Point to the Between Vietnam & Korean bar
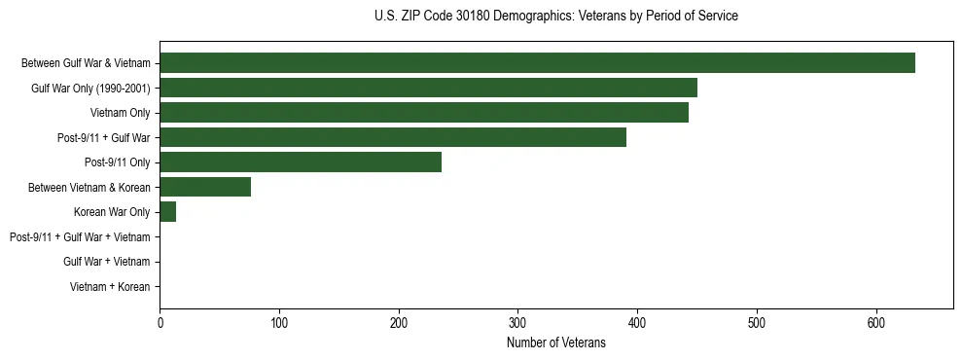click(205, 187)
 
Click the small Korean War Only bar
click(167, 212)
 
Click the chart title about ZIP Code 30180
click(555, 16)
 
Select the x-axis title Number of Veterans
click(555, 342)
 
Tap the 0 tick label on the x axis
click(160, 321)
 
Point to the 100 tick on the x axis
click(279, 321)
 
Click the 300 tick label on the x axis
click(517, 321)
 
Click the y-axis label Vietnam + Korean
click(110, 286)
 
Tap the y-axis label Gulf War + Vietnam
click(106, 262)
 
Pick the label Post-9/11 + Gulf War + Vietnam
click(80, 236)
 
